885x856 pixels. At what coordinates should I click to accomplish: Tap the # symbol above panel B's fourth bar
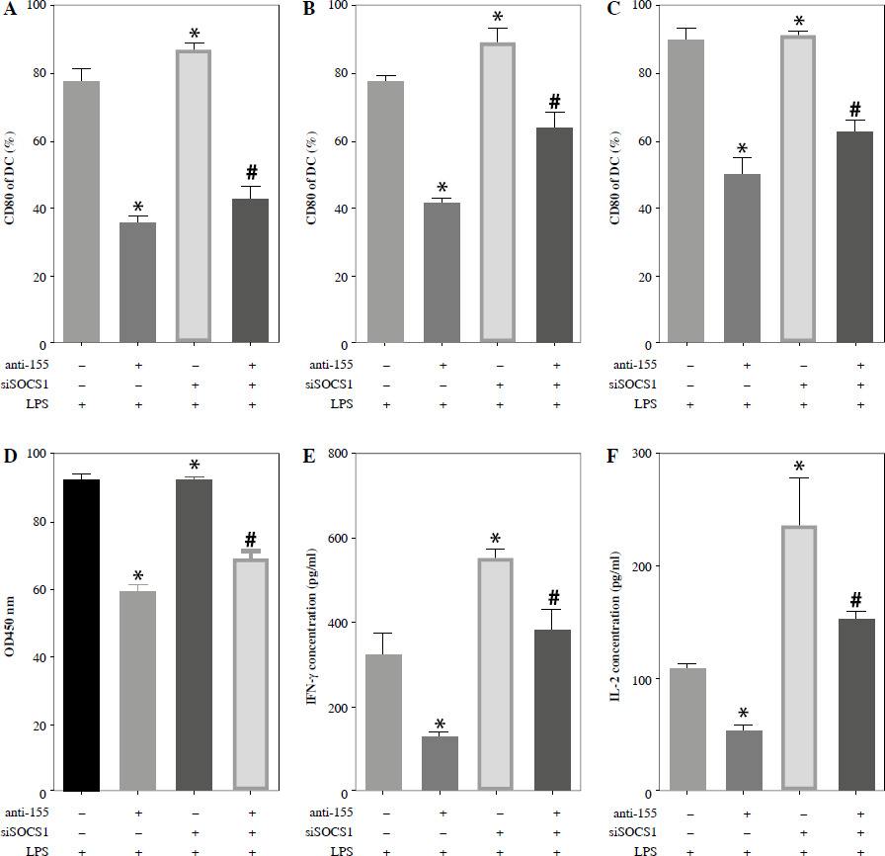pyautogui.click(x=554, y=102)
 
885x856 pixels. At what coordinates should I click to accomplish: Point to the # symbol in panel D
pyautogui.click(x=250, y=539)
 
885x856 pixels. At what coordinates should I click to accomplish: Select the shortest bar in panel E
pyautogui.click(x=442, y=764)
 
